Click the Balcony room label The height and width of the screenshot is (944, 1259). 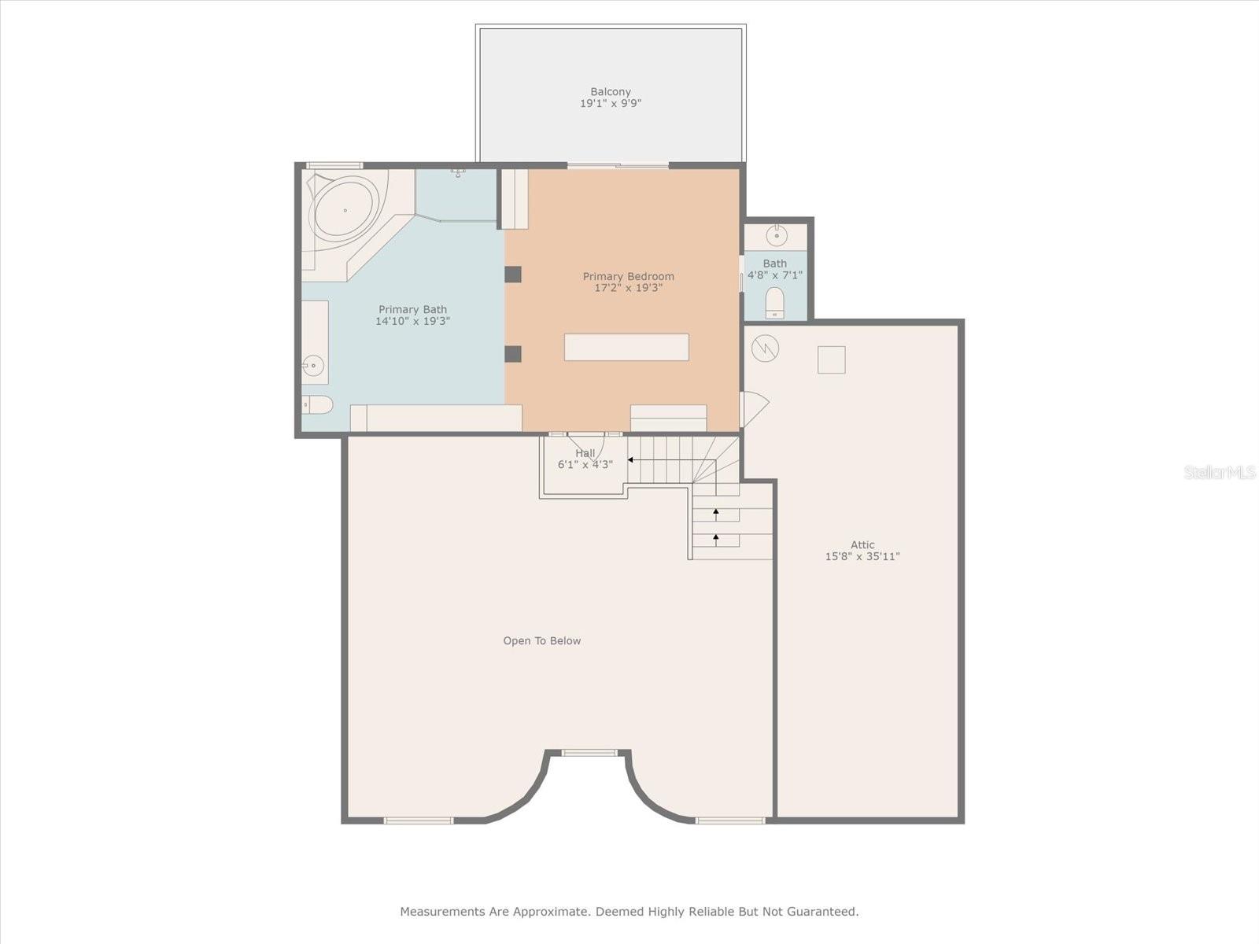[611, 92]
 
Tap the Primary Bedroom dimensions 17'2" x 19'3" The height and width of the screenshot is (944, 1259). [628, 288]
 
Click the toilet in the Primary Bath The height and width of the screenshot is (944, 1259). [317, 405]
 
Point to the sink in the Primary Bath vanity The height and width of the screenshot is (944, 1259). [313, 366]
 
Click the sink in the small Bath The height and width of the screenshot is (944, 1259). [777, 235]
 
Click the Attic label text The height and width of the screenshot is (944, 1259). [862, 544]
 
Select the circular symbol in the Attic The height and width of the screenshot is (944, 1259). [765, 347]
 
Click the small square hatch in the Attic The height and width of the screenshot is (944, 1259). [831, 360]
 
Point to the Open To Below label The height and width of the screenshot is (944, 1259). [542, 641]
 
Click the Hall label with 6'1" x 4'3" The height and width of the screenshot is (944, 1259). [585, 459]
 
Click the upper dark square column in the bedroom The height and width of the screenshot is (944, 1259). [513, 275]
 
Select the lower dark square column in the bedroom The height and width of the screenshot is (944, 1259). [513, 354]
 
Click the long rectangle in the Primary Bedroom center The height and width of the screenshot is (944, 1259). [626, 347]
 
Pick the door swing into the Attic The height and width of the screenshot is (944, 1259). [754, 409]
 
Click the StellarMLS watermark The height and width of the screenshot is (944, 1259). [1220, 472]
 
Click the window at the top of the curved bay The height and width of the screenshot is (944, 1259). [589, 753]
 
